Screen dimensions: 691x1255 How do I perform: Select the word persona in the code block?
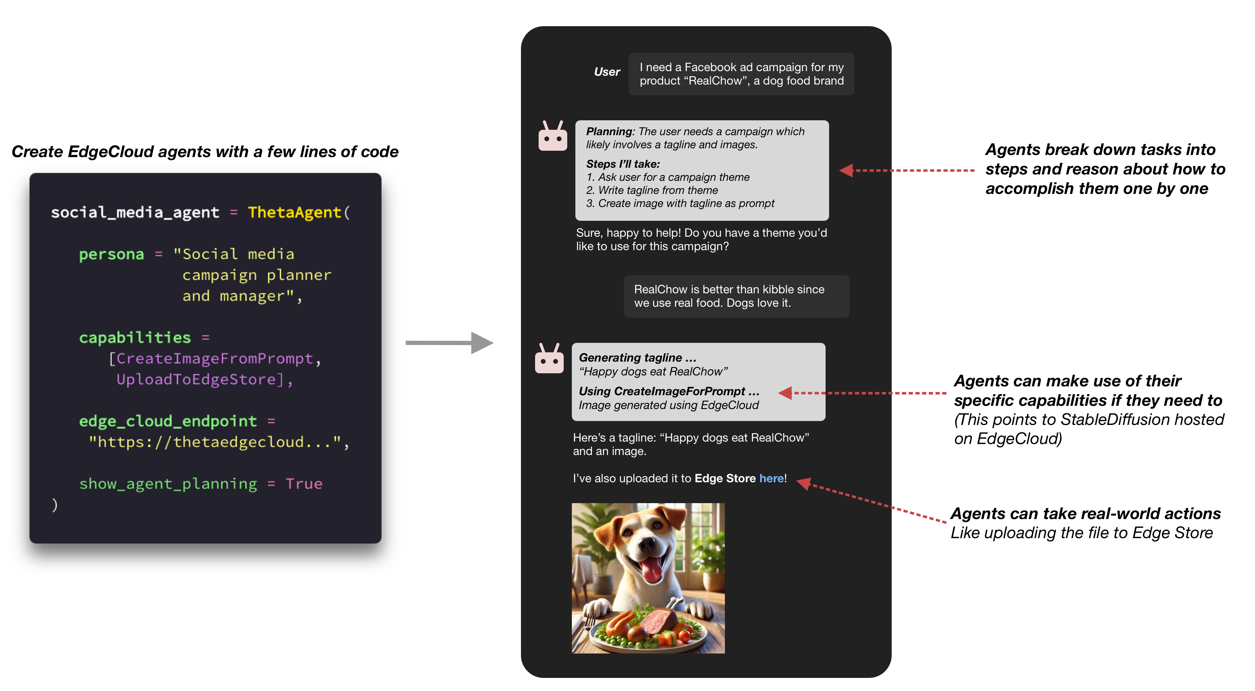[112, 254]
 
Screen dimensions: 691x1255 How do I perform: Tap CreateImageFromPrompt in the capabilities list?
[215, 359]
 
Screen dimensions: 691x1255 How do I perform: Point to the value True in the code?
[304, 484]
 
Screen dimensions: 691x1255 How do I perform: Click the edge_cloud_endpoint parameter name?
[168, 421]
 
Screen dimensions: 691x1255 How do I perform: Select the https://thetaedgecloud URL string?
[215, 442]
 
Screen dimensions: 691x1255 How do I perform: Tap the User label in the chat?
[606, 72]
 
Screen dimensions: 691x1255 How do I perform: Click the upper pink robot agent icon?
[552, 137]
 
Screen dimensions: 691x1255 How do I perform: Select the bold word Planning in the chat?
[609, 132]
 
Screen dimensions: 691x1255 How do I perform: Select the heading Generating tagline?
[637, 358]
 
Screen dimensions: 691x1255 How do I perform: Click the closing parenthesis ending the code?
[54, 505]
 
